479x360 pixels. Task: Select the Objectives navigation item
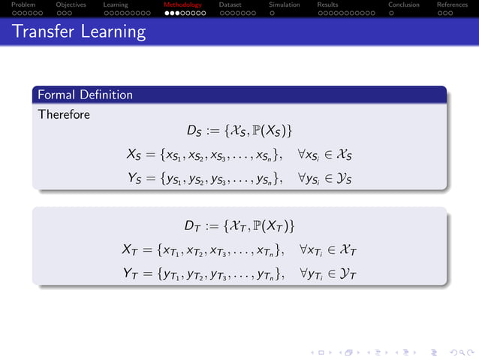point(71,5)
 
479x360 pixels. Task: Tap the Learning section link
point(116,5)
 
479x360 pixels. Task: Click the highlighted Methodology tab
point(183,5)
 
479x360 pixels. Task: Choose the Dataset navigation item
point(230,5)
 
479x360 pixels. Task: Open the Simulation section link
point(285,5)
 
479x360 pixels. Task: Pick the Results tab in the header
point(327,5)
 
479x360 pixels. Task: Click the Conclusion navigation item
point(403,5)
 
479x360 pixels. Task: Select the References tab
point(452,5)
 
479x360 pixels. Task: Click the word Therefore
point(64,115)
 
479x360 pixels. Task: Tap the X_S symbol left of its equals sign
point(134,156)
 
